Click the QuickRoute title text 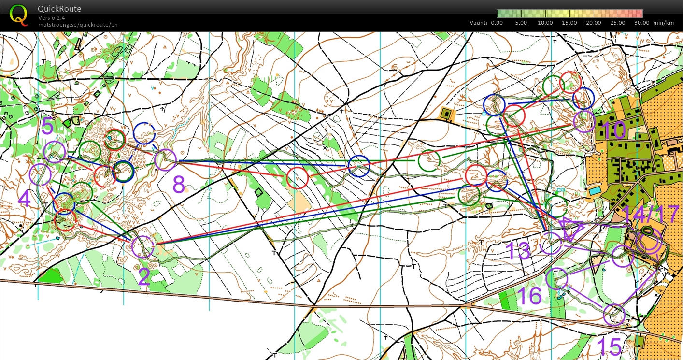pyautogui.click(x=59, y=9)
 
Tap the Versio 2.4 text pyautogui.click(x=52, y=18)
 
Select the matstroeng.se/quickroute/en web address pyautogui.click(x=78, y=25)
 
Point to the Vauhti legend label pyautogui.click(x=479, y=23)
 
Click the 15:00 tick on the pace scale pyautogui.click(x=569, y=23)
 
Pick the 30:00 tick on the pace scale pyautogui.click(x=642, y=23)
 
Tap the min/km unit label pyautogui.click(x=663, y=23)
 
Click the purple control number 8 pyautogui.click(x=179, y=184)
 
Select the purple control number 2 pyautogui.click(x=144, y=277)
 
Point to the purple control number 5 pyautogui.click(x=47, y=127)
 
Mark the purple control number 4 pyautogui.click(x=25, y=199)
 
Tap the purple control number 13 pyautogui.click(x=518, y=251)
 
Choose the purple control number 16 pyautogui.click(x=529, y=296)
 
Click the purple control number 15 pyautogui.click(x=609, y=346)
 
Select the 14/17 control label pyautogui.click(x=651, y=215)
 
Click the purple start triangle pyautogui.click(x=571, y=229)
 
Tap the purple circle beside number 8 pyautogui.click(x=165, y=160)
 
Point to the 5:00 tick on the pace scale pyautogui.click(x=521, y=23)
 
